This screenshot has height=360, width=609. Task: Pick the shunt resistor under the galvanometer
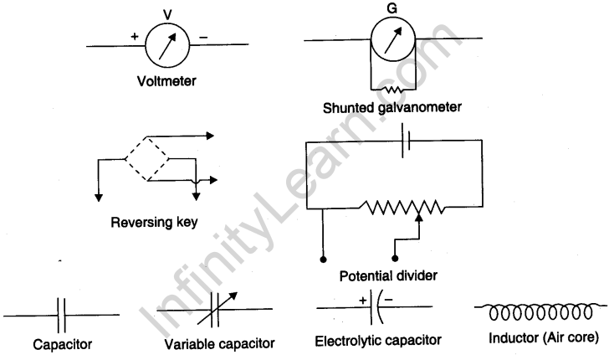(x=393, y=88)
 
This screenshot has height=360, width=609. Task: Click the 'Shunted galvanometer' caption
(x=392, y=107)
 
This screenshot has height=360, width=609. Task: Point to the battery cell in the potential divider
(x=407, y=142)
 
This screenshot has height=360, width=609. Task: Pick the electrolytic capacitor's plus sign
(x=363, y=299)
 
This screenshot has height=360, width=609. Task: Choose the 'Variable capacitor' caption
(x=220, y=344)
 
